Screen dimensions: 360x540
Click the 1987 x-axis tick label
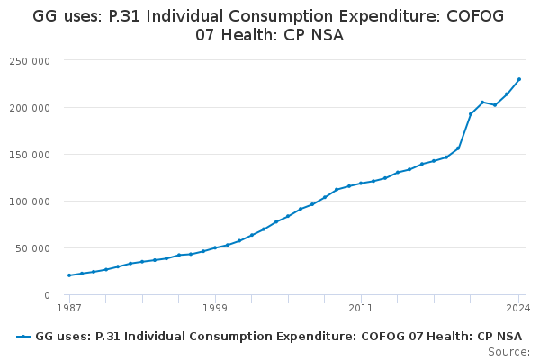pyautogui.click(x=69, y=308)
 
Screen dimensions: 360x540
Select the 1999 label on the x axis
pyautogui.click(x=215, y=308)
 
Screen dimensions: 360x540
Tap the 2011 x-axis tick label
pyautogui.click(x=361, y=308)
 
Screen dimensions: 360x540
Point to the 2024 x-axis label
pyautogui.click(x=517, y=308)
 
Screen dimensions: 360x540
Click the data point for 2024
pyautogui.click(x=519, y=79)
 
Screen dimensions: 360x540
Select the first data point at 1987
pyautogui.click(x=69, y=275)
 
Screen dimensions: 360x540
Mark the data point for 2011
pyautogui.click(x=361, y=183)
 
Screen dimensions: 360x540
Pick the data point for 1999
pyautogui.click(x=215, y=247)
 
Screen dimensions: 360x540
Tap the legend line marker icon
pyautogui.click(x=23, y=337)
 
